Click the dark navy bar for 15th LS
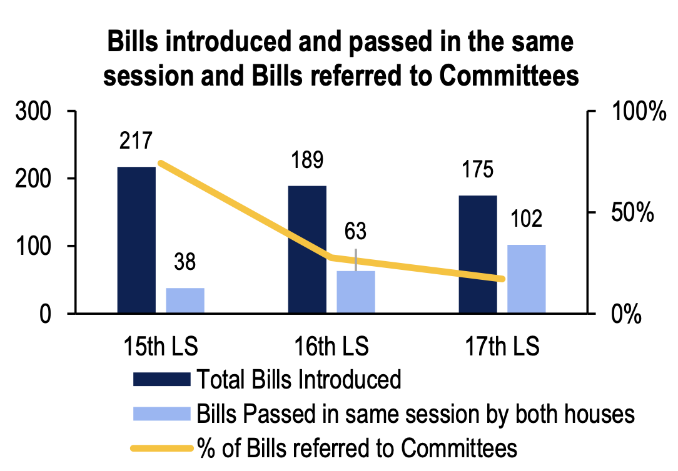point(136,240)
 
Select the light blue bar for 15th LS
point(185,300)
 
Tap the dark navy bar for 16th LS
point(307,249)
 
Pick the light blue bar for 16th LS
point(356,292)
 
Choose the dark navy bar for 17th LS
point(478,254)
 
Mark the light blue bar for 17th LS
point(527,279)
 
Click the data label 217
point(136,141)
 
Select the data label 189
point(307,160)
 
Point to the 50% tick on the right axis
point(632,213)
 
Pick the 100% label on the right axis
point(637,112)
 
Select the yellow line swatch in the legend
point(161,448)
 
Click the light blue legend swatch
point(161,414)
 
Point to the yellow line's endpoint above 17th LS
point(502,279)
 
